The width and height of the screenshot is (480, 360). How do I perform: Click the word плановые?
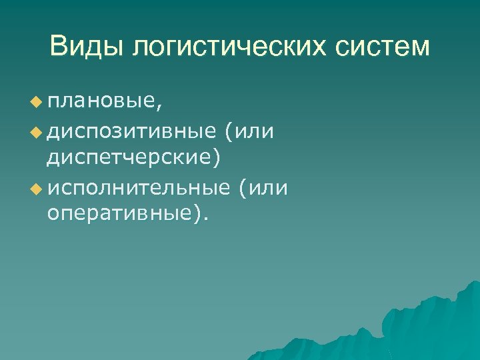[x=100, y=102]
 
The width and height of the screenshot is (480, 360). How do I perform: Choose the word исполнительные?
[x=138, y=189]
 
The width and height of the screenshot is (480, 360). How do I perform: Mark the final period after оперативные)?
[x=205, y=220]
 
